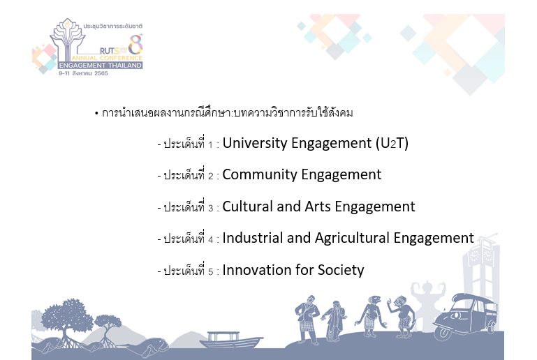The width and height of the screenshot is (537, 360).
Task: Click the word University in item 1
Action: (x=255, y=144)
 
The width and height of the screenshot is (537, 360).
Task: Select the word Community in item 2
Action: (x=260, y=174)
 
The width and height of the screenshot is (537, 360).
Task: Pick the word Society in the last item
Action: (x=341, y=271)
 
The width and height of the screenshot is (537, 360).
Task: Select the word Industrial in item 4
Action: (x=252, y=238)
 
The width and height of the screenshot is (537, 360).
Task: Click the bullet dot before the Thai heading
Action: (x=96, y=113)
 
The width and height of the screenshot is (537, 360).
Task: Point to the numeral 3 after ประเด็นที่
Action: (x=210, y=208)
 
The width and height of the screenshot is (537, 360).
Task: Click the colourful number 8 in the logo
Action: (x=135, y=45)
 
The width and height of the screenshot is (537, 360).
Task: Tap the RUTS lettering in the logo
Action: (x=109, y=51)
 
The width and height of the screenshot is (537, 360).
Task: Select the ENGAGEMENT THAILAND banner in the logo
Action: (x=100, y=66)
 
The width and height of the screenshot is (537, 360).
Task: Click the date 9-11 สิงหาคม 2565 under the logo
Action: (x=83, y=73)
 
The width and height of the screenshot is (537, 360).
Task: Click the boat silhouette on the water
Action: (x=231, y=340)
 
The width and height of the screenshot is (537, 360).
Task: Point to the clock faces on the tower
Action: (x=481, y=255)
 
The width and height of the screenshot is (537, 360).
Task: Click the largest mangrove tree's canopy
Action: (x=65, y=313)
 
